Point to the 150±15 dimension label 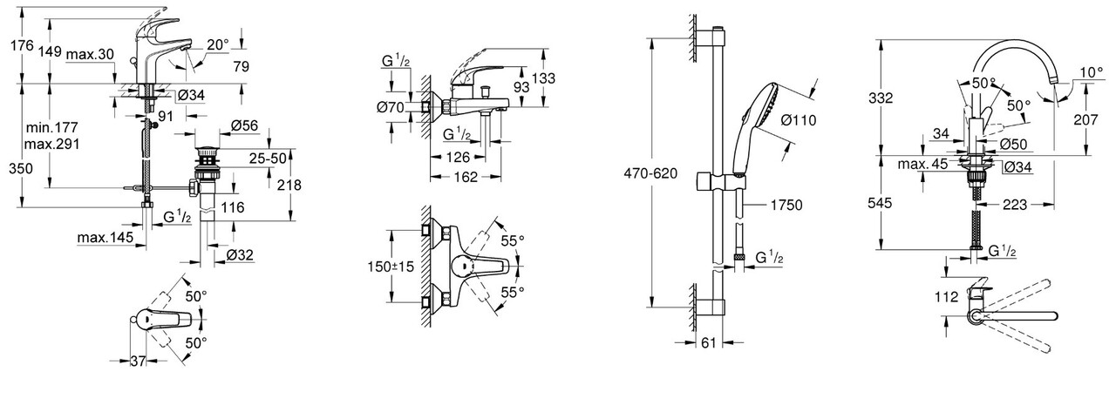click(390, 266)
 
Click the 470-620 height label click(651, 173)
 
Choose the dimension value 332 click(881, 98)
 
